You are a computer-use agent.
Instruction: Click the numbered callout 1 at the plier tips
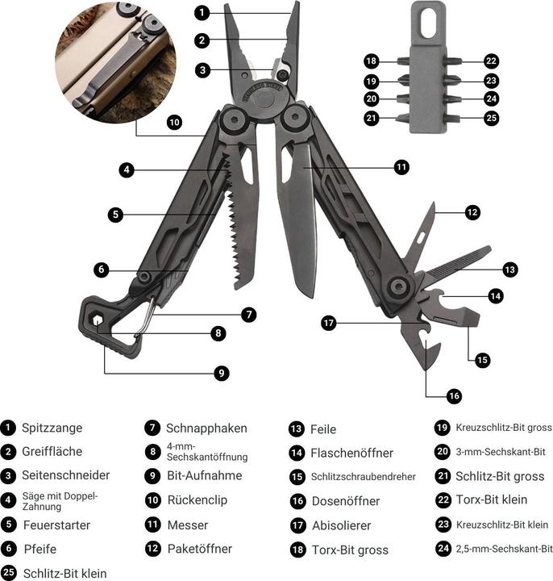[x=202, y=12]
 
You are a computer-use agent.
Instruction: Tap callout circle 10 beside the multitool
[x=174, y=123]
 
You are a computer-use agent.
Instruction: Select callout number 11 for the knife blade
[x=401, y=167]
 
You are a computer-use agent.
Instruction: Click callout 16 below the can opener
[x=454, y=395]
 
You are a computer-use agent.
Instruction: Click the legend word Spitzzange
[x=52, y=428]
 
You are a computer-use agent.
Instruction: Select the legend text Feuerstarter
[x=56, y=525]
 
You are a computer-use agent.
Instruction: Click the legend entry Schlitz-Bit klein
[x=64, y=574]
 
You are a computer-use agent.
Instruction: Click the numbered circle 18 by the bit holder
[x=371, y=61]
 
